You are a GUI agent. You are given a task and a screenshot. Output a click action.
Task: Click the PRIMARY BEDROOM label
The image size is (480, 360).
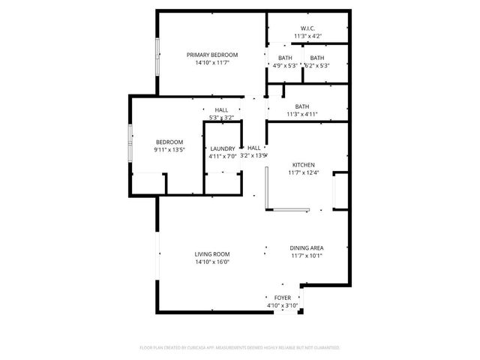click(212, 55)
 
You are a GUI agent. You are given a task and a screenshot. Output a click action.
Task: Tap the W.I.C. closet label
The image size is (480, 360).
click(307, 28)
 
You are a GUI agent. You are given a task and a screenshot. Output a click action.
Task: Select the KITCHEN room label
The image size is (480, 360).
click(303, 165)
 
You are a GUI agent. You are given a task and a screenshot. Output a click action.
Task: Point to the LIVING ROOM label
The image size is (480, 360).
click(212, 254)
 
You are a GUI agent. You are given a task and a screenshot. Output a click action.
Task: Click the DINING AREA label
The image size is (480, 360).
click(307, 247)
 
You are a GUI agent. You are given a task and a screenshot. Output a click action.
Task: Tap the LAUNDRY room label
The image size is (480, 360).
click(223, 148)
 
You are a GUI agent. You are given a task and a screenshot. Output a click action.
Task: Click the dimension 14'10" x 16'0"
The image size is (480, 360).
click(212, 262)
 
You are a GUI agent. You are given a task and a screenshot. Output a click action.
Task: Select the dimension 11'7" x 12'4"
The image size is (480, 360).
click(303, 173)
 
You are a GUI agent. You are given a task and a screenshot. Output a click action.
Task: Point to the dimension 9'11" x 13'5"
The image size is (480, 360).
click(169, 150)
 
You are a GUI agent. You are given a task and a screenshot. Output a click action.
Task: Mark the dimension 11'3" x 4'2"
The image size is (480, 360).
click(307, 36)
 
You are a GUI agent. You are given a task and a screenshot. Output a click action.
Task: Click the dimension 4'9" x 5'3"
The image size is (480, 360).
click(285, 65)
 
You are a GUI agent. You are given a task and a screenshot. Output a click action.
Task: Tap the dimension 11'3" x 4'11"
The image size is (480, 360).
click(302, 114)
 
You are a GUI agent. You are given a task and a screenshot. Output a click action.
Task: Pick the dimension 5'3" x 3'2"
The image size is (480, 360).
click(221, 117)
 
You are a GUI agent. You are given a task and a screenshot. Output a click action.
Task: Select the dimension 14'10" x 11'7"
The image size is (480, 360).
click(212, 63)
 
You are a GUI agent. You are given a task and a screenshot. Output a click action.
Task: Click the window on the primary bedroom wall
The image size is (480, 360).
click(157, 56)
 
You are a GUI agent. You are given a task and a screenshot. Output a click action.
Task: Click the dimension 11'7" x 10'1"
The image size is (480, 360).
click(307, 256)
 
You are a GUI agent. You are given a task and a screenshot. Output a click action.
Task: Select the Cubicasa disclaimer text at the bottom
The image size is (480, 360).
click(240, 348)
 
